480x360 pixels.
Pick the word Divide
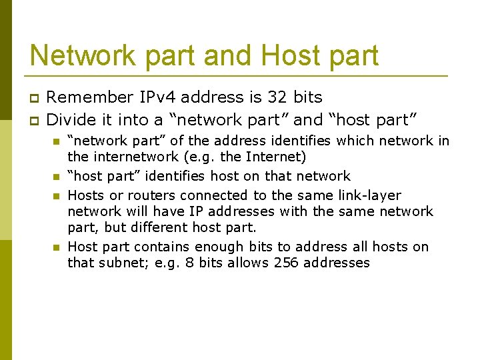click(x=69, y=120)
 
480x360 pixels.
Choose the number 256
click(x=285, y=263)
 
